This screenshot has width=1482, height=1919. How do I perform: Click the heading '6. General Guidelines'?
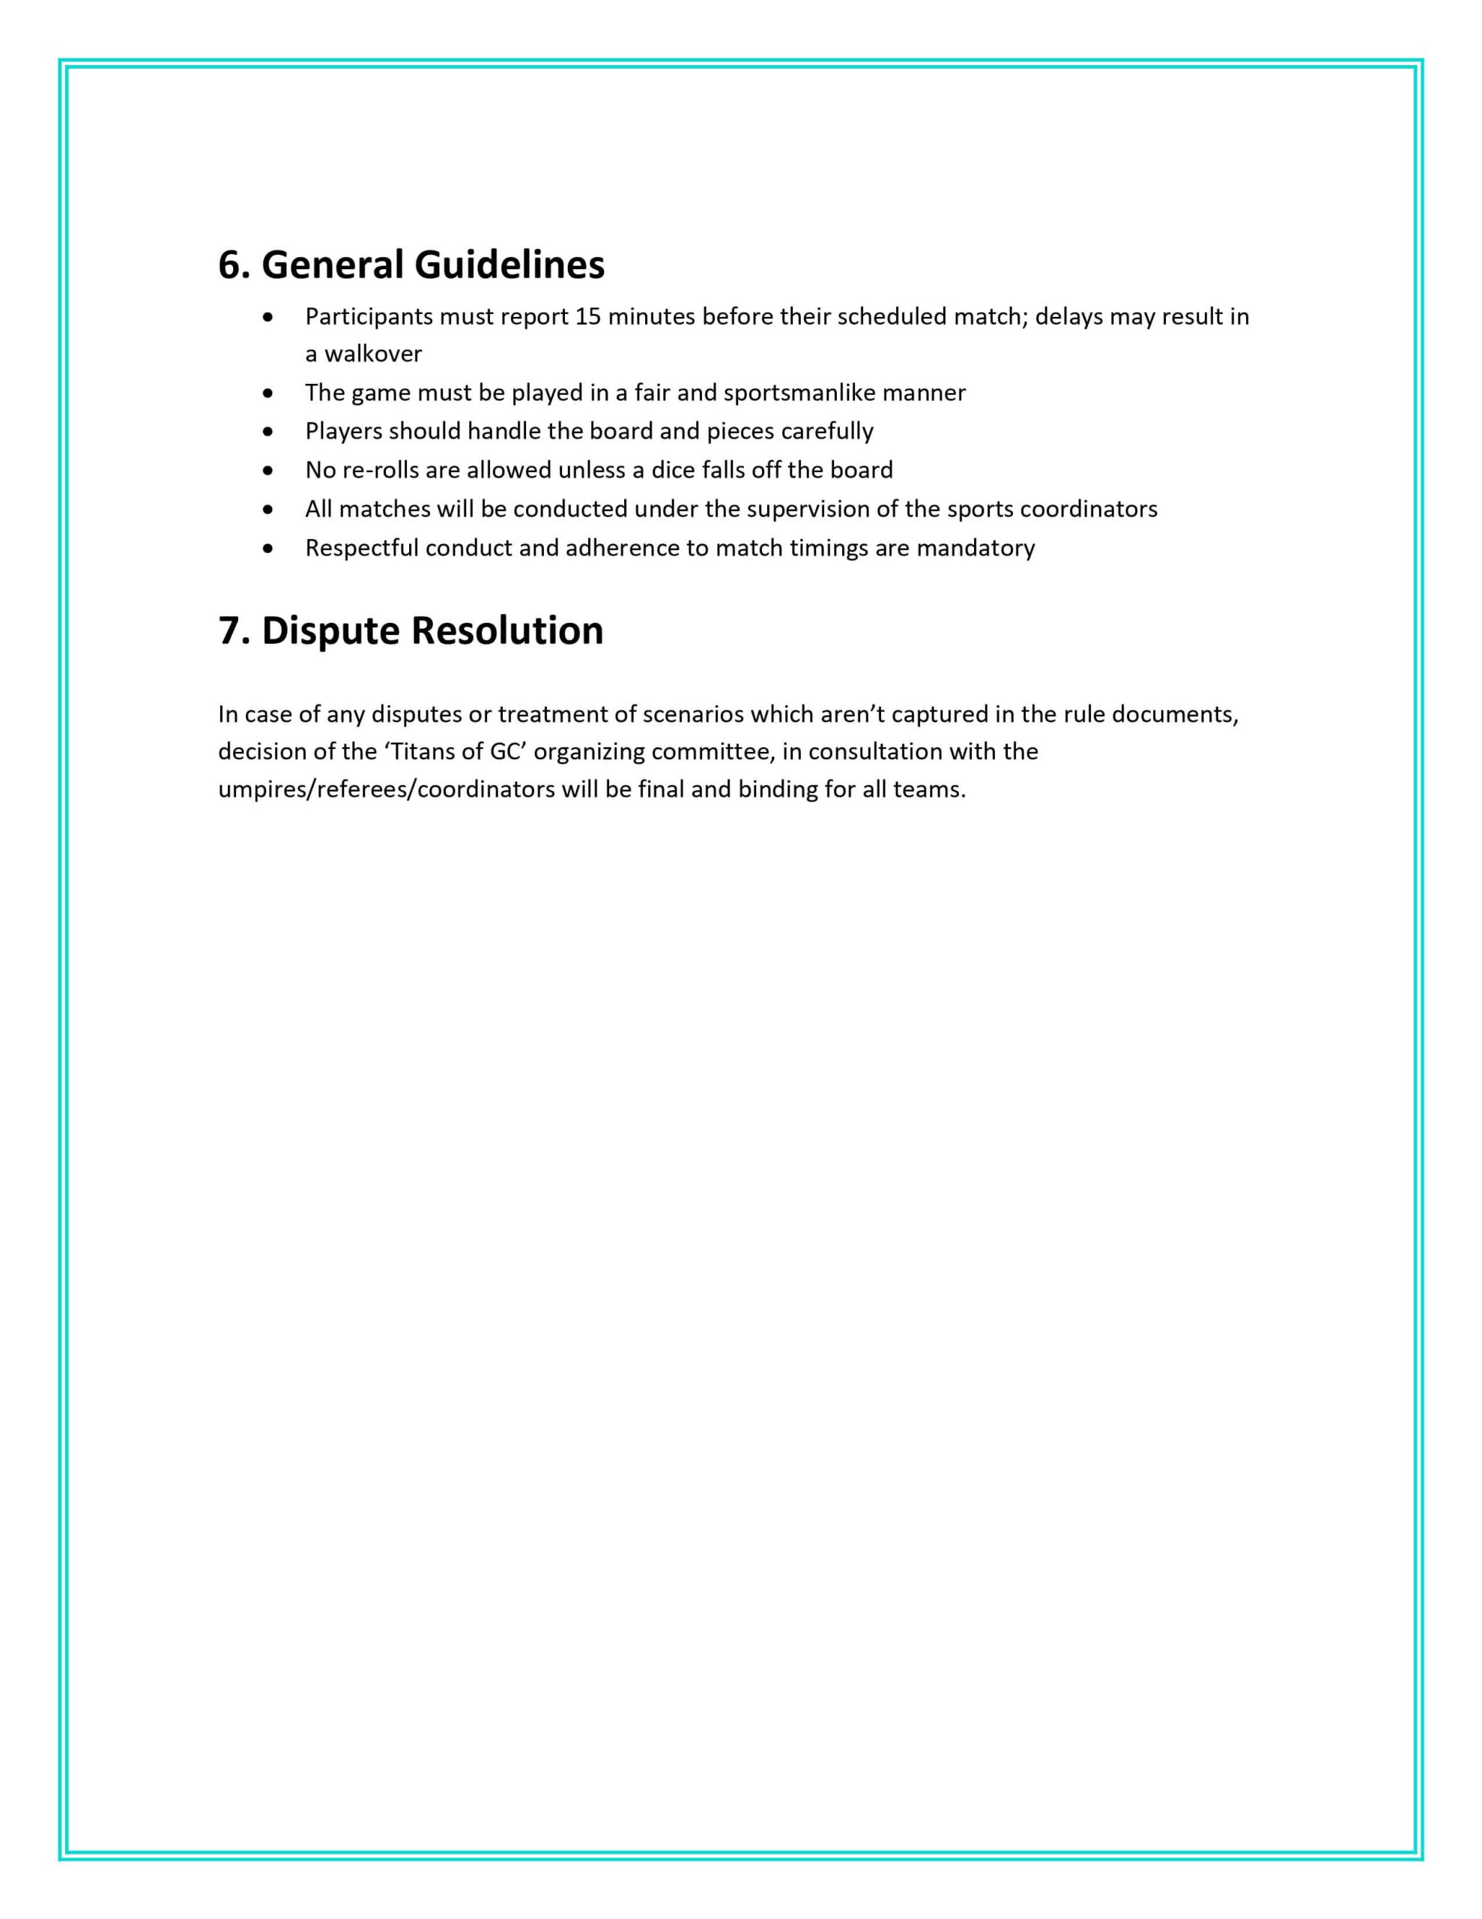(x=411, y=265)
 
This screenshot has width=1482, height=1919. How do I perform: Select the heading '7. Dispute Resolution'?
(x=411, y=631)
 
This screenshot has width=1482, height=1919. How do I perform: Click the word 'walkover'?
(x=373, y=354)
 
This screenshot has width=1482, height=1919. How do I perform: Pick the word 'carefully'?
(x=826, y=432)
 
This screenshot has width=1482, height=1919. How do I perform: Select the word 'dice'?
(x=673, y=470)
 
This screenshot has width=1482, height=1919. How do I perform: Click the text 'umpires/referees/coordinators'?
(x=387, y=790)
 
